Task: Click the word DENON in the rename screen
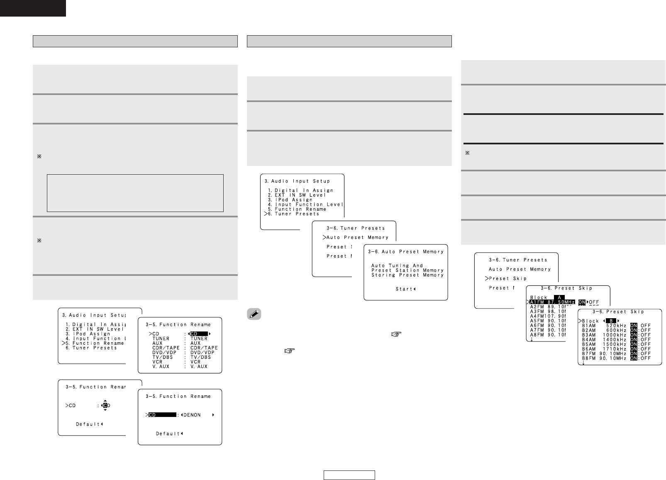click(193, 414)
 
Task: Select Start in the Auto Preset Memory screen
click(404, 289)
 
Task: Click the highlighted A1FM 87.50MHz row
click(552, 302)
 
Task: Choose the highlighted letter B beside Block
click(610, 321)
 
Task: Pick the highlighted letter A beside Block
click(559, 297)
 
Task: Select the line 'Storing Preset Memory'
click(407, 275)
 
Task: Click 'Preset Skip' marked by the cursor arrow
click(507, 278)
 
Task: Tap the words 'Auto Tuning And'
click(397, 266)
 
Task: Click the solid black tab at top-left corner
click(33, 8)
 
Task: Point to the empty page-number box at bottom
click(349, 475)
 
